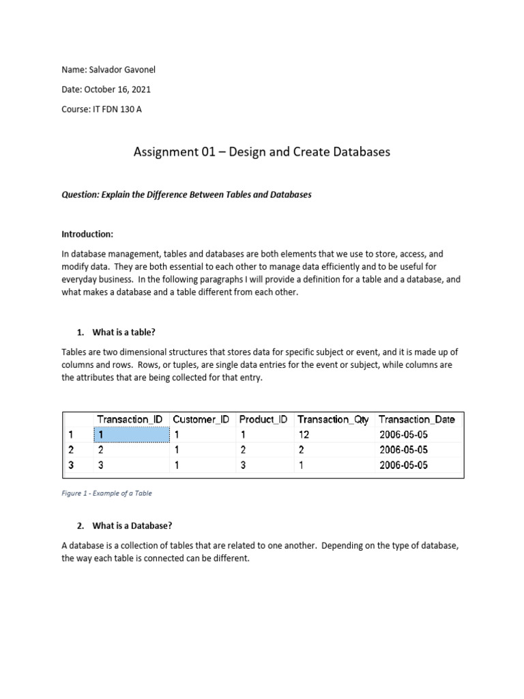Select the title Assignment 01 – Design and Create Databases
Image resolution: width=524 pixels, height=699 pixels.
click(262, 152)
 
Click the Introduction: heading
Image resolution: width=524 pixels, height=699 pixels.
click(87, 234)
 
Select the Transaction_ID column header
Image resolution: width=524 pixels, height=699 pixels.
click(131, 419)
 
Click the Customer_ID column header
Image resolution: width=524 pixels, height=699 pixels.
click(201, 419)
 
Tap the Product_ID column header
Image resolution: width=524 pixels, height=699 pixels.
click(264, 419)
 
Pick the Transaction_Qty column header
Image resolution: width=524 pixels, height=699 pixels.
click(333, 419)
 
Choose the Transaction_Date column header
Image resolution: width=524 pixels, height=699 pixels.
click(416, 419)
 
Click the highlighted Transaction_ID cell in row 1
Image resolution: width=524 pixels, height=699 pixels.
click(131, 434)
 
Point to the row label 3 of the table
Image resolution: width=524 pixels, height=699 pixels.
click(70, 465)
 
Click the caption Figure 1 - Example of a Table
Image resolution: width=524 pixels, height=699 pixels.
click(106, 492)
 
